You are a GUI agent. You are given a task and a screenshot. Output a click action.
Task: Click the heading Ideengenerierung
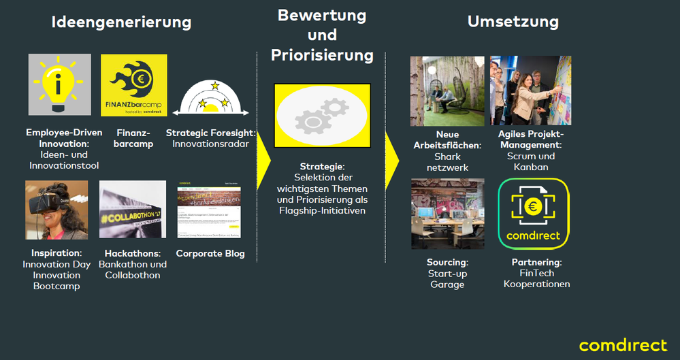coord(121,22)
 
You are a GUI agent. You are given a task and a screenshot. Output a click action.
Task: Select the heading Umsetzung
coord(513,22)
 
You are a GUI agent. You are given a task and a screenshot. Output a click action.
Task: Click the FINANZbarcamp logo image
coord(133,86)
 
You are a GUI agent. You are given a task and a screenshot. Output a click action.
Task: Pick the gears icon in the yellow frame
coord(322,116)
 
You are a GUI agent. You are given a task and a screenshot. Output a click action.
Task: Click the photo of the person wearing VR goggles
coord(56,210)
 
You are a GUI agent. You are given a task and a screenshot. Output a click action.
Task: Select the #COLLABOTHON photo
coord(132,210)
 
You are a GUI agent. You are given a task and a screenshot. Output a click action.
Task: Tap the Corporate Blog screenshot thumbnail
coord(210,210)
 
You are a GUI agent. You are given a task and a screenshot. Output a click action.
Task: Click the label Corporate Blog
coord(210,254)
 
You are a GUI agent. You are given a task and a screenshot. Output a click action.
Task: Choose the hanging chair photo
coord(447,91)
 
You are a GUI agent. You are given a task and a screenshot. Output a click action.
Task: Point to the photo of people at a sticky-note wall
coord(530,91)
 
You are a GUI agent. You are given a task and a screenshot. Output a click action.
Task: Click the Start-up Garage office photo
coord(447,214)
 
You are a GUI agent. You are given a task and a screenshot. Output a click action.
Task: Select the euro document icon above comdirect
coord(533,206)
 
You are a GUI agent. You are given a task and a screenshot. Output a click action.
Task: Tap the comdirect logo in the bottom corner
coord(623,344)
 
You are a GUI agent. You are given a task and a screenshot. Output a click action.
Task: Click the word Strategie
coord(321,167)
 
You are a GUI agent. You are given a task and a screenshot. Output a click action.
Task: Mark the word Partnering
coord(536,262)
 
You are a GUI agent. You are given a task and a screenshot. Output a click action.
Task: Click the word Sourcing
coord(447,262)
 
